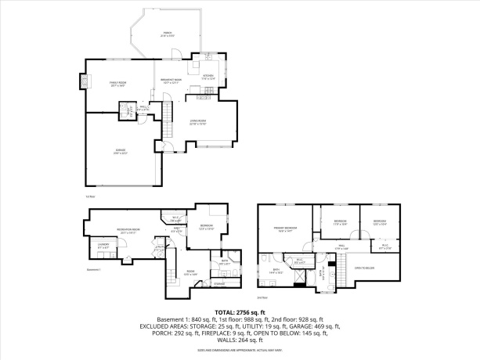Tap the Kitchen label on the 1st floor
pyautogui.click(x=208, y=77)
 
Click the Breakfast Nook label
pyautogui.click(x=171, y=81)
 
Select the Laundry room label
pyautogui.click(x=103, y=246)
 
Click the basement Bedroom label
pyautogui.click(x=207, y=227)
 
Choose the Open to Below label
pyautogui.click(x=365, y=268)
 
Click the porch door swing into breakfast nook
pyautogui.click(x=177, y=54)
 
